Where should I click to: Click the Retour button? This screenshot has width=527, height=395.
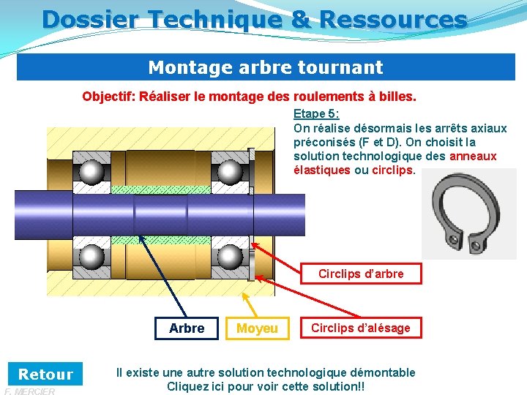coord(45,375)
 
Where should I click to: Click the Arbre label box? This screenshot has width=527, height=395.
coord(187,328)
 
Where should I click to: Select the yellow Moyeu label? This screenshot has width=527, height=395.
coord(257,329)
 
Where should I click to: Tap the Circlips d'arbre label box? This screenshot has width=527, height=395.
coord(361,274)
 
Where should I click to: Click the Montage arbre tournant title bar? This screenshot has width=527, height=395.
coord(265,67)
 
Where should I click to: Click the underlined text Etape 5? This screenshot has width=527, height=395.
coord(316,113)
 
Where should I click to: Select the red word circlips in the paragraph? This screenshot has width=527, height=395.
coord(393,170)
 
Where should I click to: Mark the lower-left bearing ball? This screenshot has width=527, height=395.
coord(91,257)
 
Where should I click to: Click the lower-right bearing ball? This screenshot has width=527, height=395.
coord(230,257)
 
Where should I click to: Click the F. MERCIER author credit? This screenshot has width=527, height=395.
coord(29,391)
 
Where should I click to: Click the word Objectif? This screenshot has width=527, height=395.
coord(107,97)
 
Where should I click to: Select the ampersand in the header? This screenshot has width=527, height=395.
coord(301,19)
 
